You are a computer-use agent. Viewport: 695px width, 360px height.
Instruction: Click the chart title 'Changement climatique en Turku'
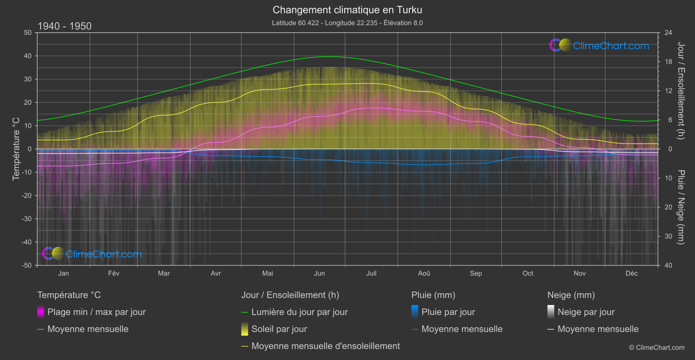pos(347,10)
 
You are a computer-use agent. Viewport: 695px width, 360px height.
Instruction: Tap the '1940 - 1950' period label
pos(65,26)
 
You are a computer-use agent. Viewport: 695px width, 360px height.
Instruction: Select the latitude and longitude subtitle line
pos(347,23)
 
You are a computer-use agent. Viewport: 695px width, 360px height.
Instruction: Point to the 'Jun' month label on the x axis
pos(319,273)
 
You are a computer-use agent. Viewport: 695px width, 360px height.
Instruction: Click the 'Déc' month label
pos(631,273)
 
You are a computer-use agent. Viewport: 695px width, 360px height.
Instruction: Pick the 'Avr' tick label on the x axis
pos(216,273)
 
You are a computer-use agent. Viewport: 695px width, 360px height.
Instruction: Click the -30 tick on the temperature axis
pos(27,219)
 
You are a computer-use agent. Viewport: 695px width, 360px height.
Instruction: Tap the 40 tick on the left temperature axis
pos(28,56)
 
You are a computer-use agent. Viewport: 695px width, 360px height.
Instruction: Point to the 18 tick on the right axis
pos(668,62)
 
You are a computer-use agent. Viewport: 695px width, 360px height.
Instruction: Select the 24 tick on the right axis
pos(668,33)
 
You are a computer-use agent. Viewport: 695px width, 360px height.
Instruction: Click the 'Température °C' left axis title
pos(16,148)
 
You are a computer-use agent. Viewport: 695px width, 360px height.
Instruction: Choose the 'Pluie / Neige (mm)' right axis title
pos(681,207)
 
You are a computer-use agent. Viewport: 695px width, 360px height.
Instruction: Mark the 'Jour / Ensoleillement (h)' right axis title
pos(681,91)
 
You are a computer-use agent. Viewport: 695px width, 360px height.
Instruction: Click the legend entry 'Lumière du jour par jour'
pos(299,312)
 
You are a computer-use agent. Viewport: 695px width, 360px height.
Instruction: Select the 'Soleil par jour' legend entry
pos(279,329)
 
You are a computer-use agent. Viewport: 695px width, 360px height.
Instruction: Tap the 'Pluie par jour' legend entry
pos(448,312)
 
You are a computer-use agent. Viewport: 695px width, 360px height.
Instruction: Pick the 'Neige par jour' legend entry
pos(585,312)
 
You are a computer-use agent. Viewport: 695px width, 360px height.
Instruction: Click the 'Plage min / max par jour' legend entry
pos(96,312)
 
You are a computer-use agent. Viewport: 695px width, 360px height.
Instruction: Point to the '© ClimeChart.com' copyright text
pos(657,348)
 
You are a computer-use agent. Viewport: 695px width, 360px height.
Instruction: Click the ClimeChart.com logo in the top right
pos(599,45)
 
